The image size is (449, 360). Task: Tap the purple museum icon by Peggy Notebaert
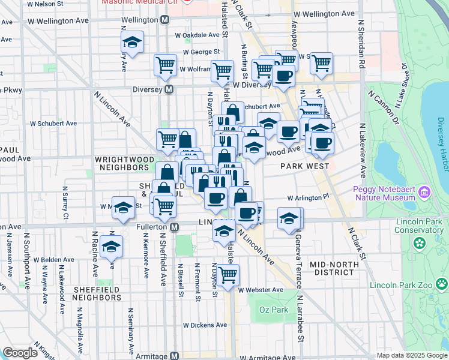coord(425,193)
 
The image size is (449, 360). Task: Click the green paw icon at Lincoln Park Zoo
coord(442,283)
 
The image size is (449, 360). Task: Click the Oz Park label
coord(274,310)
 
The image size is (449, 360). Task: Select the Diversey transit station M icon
coord(169,89)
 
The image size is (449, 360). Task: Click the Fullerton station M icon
coord(175,227)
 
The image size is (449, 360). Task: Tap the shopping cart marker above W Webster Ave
coord(228,275)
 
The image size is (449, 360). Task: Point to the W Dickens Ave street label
coord(205,325)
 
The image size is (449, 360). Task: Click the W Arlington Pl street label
coord(309,197)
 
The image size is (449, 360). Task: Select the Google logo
coord(20,353)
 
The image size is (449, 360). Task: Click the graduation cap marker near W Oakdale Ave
coord(132,43)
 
